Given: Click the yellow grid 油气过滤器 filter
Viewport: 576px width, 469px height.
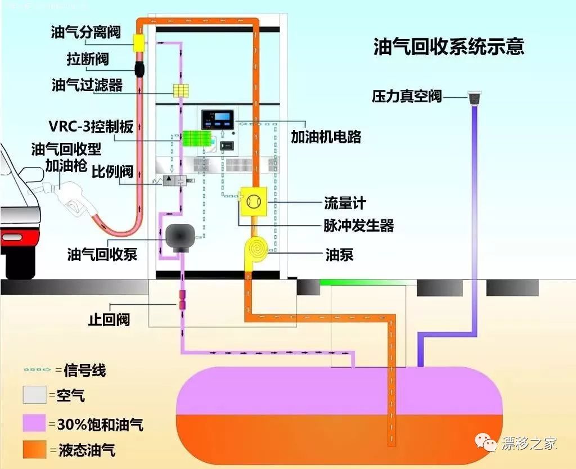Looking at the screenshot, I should click(181, 91).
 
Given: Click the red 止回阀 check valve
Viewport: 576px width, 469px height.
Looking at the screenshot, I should click(182, 300).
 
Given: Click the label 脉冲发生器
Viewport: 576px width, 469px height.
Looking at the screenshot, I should click(358, 226).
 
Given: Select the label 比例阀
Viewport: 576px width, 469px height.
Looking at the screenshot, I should click(112, 170).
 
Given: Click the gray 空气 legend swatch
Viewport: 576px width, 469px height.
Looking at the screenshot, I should click(34, 395).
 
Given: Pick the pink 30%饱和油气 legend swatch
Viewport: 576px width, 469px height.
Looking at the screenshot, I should click(34, 423).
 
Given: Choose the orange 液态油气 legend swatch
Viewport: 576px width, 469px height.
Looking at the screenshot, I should click(34, 450).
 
